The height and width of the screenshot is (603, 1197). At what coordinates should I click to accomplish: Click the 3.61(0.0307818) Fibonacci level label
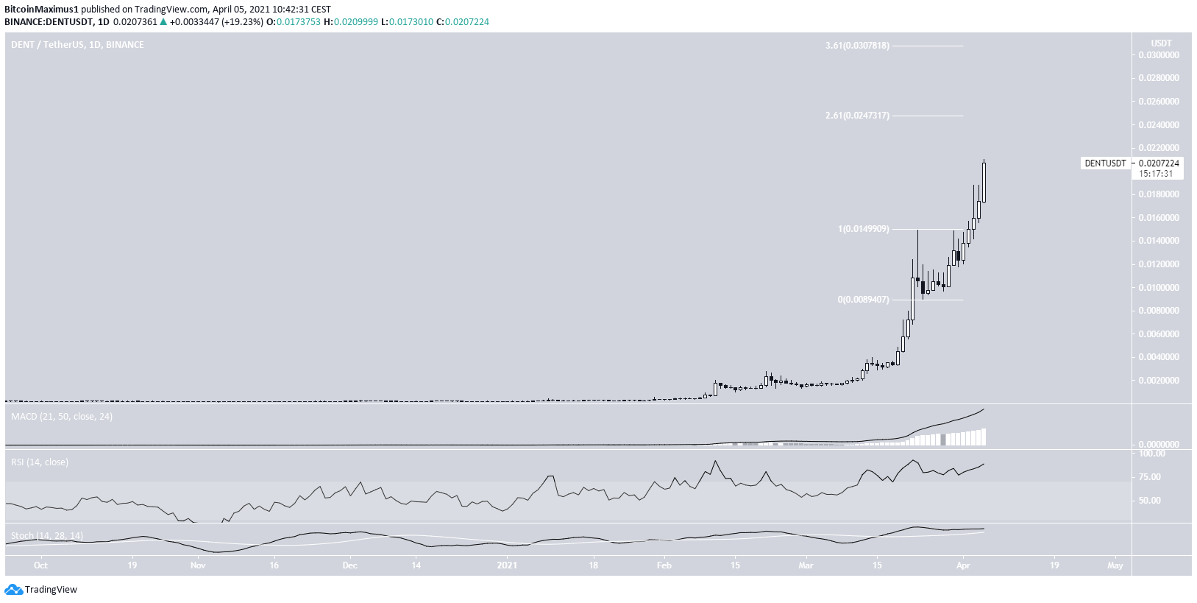point(857,46)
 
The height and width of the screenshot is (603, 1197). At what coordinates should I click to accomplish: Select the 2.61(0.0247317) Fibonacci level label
point(857,116)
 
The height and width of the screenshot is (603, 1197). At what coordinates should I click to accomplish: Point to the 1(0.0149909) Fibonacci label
point(863,229)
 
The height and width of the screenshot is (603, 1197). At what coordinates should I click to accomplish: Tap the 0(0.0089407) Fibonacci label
point(863,300)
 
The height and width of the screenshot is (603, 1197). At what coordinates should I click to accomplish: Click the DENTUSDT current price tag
point(1106,163)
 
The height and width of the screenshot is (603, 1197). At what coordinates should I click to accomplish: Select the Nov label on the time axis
point(197,565)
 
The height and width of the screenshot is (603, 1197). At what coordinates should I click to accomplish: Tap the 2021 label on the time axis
point(507,565)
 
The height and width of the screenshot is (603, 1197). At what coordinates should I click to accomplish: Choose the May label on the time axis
point(1115,565)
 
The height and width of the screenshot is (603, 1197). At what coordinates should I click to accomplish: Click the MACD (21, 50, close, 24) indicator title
point(62,417)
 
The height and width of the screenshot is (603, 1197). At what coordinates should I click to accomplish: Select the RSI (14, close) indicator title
point(40,462)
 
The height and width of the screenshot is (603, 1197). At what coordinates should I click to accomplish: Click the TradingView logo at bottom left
point(41,589)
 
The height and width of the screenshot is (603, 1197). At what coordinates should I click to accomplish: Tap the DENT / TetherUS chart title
point(77,45)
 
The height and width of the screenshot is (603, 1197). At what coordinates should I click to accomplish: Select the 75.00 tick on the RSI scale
point(1154,477)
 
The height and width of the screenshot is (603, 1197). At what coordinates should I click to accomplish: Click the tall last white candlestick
point(984,182)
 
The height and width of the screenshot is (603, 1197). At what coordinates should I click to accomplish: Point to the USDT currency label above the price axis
point(1162,43)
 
